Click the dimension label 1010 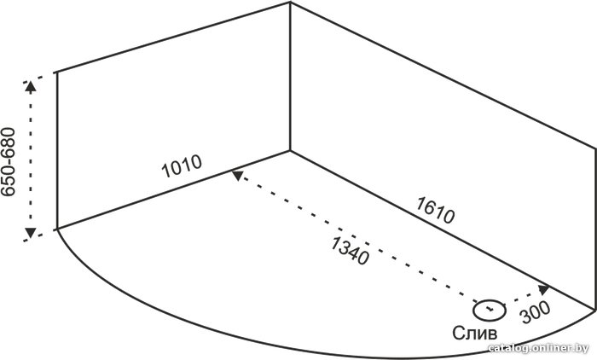point(181,166)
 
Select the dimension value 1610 point(435,210)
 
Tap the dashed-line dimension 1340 point(350,250)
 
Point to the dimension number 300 point(536,312)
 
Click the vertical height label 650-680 point(8,161)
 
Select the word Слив point(475,333)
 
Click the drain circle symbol point(490,311)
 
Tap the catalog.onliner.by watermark point(538,347)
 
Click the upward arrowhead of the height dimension point(31,86)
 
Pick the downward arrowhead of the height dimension point(31,233)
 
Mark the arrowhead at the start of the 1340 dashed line point(237,175)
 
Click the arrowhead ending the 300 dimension point(544,289)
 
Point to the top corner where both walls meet point(291,3)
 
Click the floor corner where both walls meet point(290,151)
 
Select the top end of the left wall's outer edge point(57,72)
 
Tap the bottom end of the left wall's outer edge point(57,229)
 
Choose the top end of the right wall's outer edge point(594,148)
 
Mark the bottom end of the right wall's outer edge point(594,310)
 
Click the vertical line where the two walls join point(290,77)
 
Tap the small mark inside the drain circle point(490,309)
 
